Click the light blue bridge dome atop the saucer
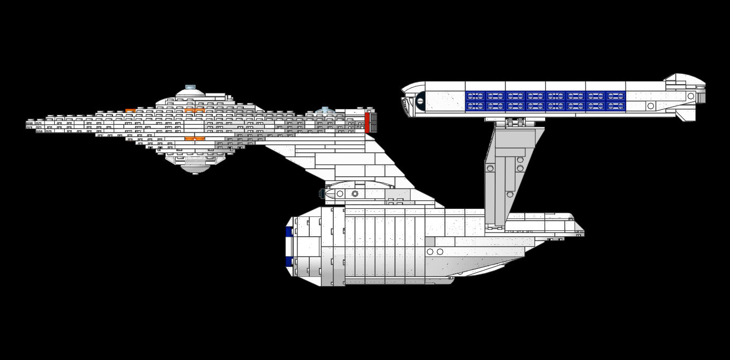[190, 87]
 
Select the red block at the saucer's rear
[367, 123]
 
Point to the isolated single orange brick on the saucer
[130, 111]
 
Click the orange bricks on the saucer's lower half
[195, 139]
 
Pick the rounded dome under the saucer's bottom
[195, 169]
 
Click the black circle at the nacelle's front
[420, 100]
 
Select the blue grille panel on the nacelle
[545, 101]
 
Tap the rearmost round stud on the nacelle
[691, 96]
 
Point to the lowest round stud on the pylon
[510, 194]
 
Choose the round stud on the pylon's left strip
[490, 168]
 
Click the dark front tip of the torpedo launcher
[322, 193]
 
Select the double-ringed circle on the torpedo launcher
[354, 193]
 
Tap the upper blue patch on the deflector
[289, 231]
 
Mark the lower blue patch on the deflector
[289, 261]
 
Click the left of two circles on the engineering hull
[430, 252]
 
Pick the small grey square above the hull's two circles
[429, 242]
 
